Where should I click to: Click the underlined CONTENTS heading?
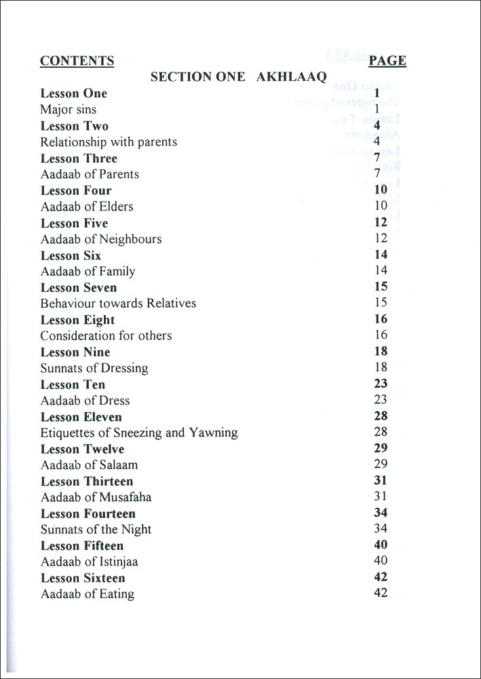pyautogui.click(x=77, y=60)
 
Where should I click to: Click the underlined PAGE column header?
pyautogui.click(x=387, y=60)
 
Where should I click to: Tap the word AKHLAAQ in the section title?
pyautogui.click(x=292, y=77)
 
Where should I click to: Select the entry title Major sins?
pyautogui.click(x=69, y=109)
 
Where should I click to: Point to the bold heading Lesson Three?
pyautogui.click(x=79, y=158)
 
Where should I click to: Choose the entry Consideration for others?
pyautogui.click(x=106, y=335)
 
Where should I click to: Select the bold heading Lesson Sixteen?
pyautogui.click(x=83, y=578)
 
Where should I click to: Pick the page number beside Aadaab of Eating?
pyautogui.click(x=381, y=593)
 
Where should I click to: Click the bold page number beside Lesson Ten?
pyautogui.click(x=381, y=384)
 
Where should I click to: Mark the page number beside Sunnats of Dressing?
pyautogui.click(x=381, y=367)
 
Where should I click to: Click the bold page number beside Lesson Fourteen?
pyautogui.click(x=381, y=513)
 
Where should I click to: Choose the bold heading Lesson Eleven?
pyautogui.click(x=81, y=416)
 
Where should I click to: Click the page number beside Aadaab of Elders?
pyautogui.click(x=381, y=206)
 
